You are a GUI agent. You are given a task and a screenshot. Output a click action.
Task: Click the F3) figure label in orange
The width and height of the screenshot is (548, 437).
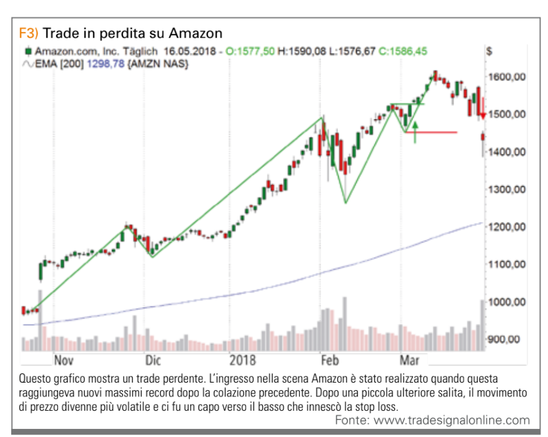tap(29, 33)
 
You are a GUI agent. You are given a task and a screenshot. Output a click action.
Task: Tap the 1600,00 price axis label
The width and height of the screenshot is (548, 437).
tap(507, 77)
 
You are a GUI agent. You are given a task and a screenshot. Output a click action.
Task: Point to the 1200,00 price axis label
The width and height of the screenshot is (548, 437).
tap(507, 227)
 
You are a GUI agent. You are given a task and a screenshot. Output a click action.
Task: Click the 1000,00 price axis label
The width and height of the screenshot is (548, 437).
tap(507, 302)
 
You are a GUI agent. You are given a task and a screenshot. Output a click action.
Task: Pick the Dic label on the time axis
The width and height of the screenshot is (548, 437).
tap(153, 360)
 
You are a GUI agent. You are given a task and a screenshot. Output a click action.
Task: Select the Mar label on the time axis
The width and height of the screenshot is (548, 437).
tap(409, 360)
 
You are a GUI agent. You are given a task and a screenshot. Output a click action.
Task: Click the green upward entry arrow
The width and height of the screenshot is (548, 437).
tap(415, 132)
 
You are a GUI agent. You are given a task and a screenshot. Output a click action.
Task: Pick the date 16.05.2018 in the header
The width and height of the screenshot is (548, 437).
tap(189, 51)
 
